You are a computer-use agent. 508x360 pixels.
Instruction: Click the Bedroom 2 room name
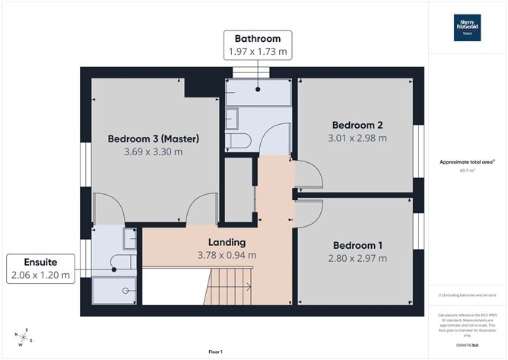coord(357,125)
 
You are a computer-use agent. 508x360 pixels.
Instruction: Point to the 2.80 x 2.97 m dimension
coord(357,259)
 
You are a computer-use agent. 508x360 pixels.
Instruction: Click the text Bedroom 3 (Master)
coord(153,139)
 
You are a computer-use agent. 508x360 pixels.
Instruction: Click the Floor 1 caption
coord(214,352)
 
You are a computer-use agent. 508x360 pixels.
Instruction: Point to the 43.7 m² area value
coord(468,170)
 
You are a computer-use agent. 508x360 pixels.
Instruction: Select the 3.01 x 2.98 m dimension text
coord(357,139)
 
